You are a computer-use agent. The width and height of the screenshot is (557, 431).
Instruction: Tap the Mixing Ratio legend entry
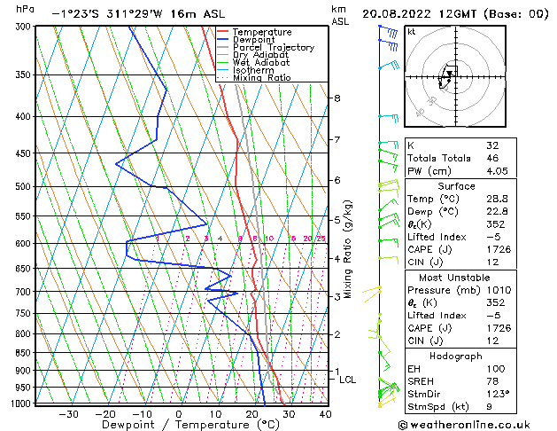click(265, 77)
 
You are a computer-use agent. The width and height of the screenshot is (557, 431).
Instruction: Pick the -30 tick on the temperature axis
click(67, 413)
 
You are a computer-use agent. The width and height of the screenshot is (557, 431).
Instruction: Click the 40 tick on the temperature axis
click(325, 413)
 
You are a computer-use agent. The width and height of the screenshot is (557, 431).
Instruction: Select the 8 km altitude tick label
click(337, 98)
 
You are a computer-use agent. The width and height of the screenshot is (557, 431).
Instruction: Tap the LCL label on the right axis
click(348, 380)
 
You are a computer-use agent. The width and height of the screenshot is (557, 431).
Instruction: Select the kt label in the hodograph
click(411, 31)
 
